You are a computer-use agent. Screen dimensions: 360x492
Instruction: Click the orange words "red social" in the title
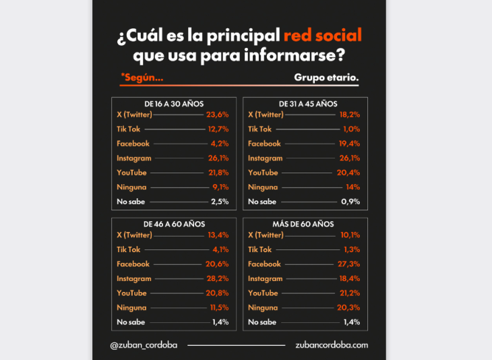(322, 35)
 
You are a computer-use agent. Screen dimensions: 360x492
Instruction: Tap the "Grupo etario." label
(326, 78)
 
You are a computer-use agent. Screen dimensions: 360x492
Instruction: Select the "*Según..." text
(142, 78)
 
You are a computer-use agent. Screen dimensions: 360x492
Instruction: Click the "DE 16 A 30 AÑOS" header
(174, 104)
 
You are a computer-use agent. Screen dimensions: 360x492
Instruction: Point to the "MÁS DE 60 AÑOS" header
(305, 224)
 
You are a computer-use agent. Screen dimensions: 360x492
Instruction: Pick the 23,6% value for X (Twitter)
(218, 115)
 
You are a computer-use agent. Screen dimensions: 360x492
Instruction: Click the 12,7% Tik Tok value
(218, 129)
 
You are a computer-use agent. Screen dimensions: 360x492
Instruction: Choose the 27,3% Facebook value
(349, 264)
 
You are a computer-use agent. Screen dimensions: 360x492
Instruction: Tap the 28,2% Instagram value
(218, 278)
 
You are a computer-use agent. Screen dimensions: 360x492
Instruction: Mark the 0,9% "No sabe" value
(350, 202)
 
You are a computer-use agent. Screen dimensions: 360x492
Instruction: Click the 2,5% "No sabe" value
(220, 202)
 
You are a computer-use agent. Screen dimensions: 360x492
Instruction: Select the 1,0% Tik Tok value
(350, 129)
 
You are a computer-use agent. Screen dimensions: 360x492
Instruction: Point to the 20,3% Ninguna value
(349, 307)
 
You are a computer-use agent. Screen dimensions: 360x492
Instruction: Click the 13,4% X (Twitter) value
(218, 235)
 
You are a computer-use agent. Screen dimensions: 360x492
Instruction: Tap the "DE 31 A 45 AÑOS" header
(305, 104)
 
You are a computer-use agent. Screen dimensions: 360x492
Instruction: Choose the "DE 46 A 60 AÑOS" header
(174, 224)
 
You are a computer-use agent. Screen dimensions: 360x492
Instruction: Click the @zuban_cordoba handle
(144, 345)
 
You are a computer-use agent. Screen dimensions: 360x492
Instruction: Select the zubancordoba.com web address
(332, 345)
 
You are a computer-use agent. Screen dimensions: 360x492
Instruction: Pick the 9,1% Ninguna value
(218, 187)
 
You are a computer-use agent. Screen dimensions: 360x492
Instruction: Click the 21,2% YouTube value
(349, 293)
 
